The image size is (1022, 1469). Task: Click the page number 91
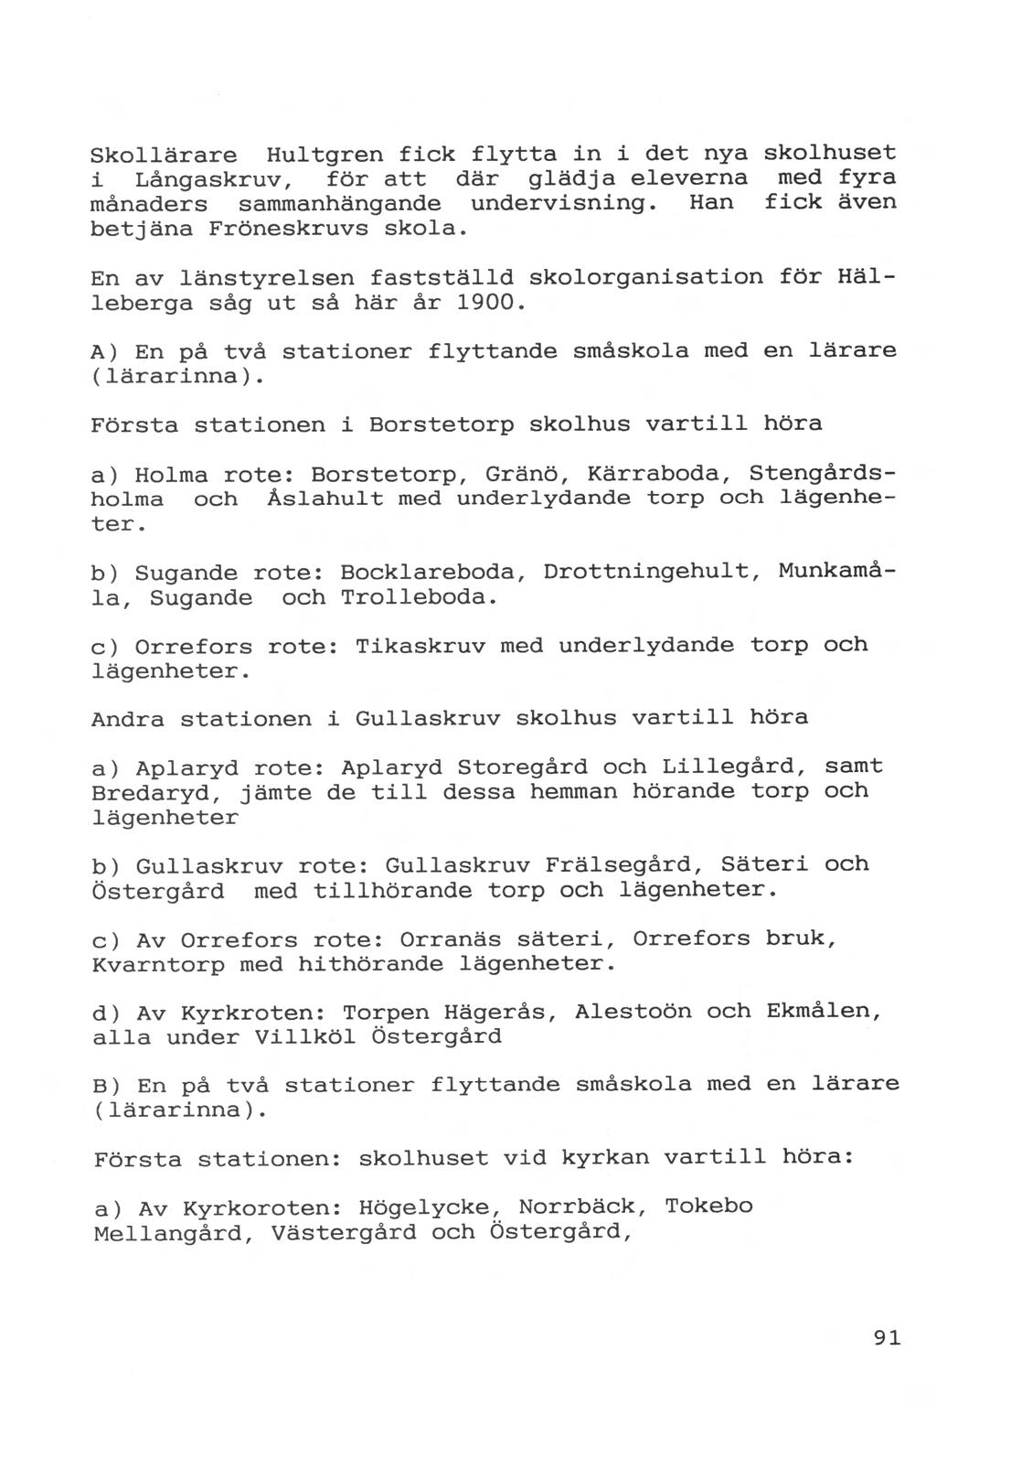886,1337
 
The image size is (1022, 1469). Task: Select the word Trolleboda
419,598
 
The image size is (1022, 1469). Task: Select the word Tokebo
708,1206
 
